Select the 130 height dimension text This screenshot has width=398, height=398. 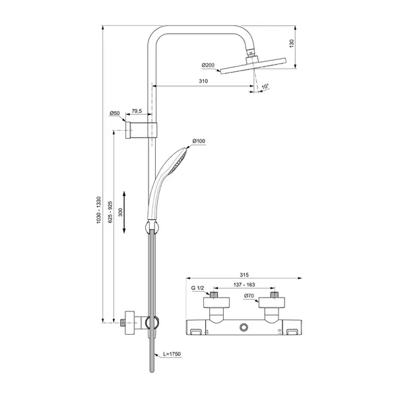(291, 42)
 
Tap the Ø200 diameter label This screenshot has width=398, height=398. (209, 65)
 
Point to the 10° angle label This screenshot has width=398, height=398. (265, 86)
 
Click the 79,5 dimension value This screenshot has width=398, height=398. (137, 112)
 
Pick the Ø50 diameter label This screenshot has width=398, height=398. (115, 114)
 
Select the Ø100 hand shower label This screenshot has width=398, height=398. (199, 141)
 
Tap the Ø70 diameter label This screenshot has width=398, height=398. (249, 296)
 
